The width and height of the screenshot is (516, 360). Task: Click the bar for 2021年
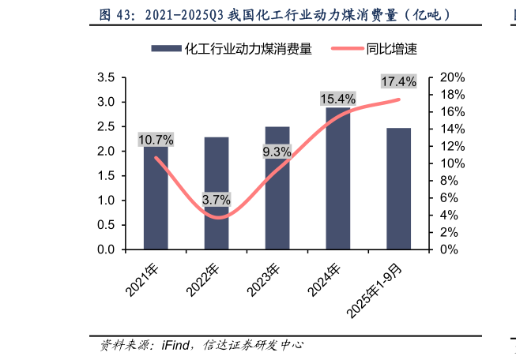(x=156, y=201)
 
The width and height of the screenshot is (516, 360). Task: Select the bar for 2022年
(x=217, y=193)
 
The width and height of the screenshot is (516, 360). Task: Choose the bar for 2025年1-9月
(x=399, y=189)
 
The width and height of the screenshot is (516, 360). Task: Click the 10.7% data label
(x=156, y=140)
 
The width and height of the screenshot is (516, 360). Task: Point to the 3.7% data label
(x=216, y=200)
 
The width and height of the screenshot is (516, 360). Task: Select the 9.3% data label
(x=277, y=152)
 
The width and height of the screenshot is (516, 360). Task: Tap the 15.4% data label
(x=337, y=99)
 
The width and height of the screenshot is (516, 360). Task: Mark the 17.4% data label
(x=398, y=81)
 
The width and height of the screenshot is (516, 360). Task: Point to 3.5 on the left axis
(x=106, y=77)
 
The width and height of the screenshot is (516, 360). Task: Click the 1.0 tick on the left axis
(x=106, y=201)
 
